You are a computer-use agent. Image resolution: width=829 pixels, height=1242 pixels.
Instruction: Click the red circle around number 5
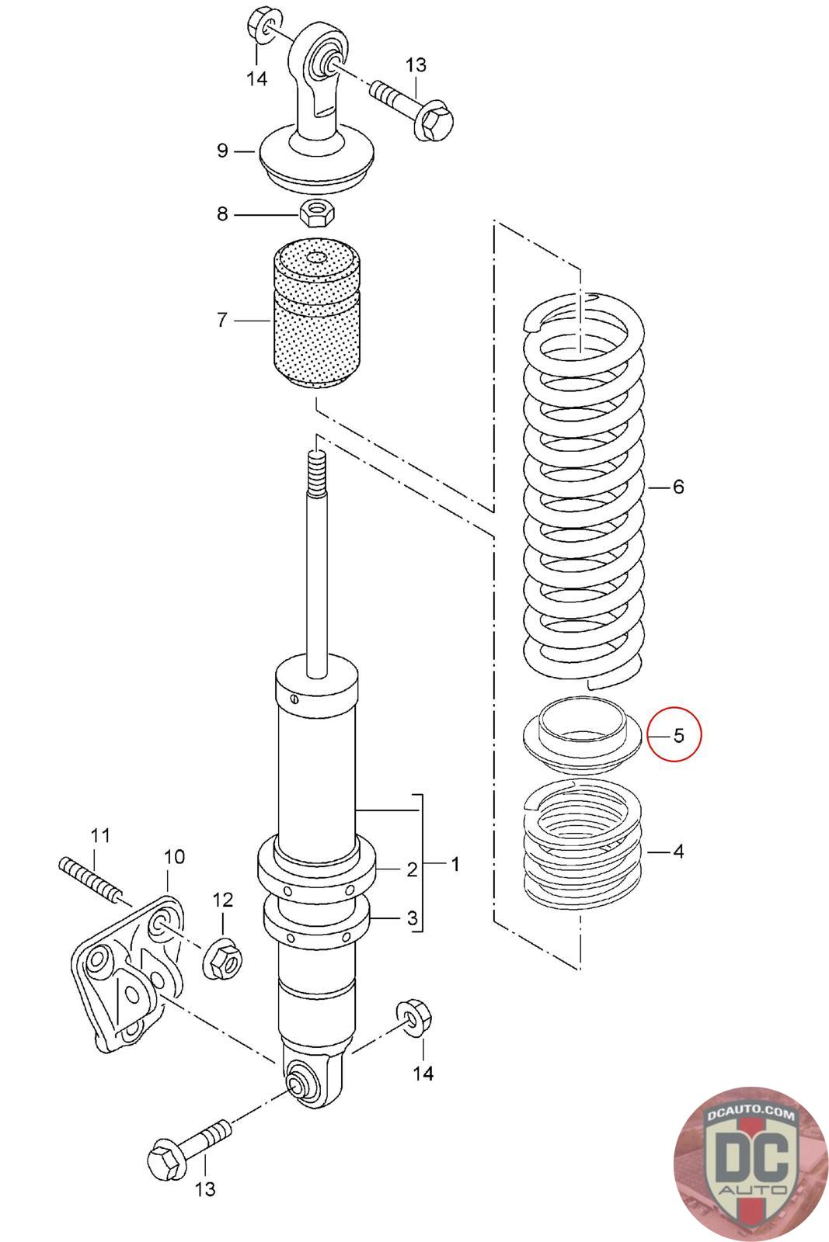click(674, 734)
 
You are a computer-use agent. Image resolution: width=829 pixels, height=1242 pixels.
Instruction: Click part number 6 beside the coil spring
click(678, 487)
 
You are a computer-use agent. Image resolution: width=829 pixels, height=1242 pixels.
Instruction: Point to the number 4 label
click(678, 852)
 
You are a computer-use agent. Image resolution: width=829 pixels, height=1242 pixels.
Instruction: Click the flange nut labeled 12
click(222, 960)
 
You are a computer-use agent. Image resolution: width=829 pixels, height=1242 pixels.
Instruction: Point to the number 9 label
click(223, 150)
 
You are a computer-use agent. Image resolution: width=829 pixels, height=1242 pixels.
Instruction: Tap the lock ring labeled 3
click(317, 921)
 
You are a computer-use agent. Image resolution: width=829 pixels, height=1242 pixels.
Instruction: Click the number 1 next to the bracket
click(455, 863)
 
